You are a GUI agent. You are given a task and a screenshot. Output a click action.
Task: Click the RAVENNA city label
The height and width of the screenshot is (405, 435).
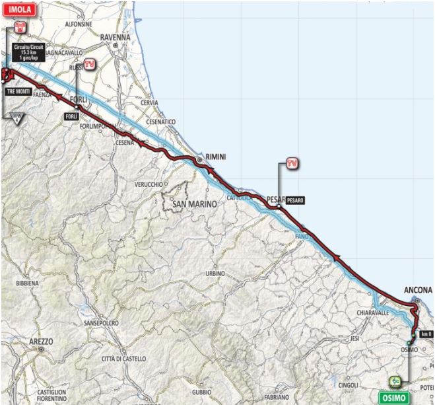coord(116,38)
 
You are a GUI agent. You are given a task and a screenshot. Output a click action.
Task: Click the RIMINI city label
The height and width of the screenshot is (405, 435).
coord(216,155)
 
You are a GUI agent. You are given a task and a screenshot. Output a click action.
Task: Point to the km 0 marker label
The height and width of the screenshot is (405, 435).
coord(425,334)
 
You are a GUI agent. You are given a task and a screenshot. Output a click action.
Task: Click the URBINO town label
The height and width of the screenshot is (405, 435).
coord(215,273)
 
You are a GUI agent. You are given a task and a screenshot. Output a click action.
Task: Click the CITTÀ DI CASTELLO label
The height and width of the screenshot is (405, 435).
coord(121,357)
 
